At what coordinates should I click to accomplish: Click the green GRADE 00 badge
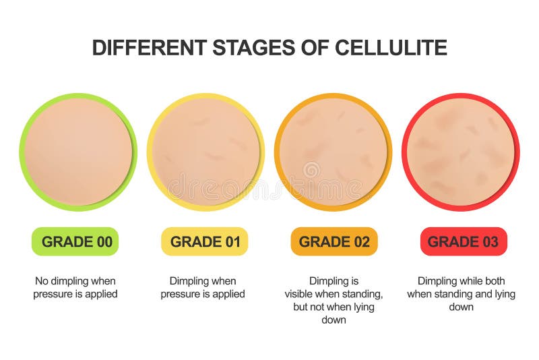click(75, 241)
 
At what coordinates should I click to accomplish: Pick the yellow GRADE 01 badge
click(204, 241)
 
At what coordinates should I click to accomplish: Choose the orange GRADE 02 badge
click(334, 241)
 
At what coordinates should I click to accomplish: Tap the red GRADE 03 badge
click(463, 241)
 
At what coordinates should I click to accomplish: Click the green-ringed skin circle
click(77, 152)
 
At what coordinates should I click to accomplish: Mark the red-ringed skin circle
click(461, 152)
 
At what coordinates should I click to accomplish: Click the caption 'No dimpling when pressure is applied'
click(75, 287)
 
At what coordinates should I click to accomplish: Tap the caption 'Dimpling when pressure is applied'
click(203, 287)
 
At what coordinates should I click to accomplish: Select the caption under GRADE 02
click(334, 300)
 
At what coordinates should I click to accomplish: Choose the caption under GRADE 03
click(461, 293)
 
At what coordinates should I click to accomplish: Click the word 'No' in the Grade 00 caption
click(42, 280)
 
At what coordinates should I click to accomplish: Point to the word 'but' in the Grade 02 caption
click(300, 307)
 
